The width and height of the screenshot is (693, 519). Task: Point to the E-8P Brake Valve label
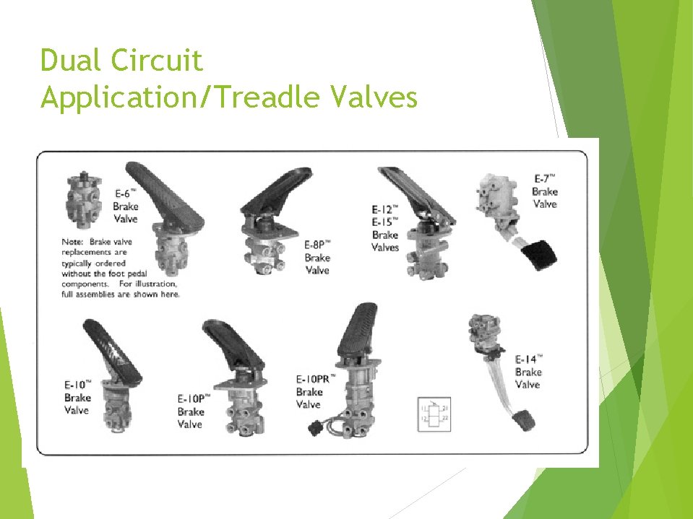click(317, 257)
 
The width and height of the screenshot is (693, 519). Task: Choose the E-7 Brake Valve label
click(544, 191)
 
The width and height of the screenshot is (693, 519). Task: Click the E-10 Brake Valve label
click(77, 397)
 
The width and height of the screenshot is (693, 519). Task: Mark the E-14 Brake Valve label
click(528, 372)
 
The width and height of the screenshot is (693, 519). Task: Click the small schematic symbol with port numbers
click(434, 414)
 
